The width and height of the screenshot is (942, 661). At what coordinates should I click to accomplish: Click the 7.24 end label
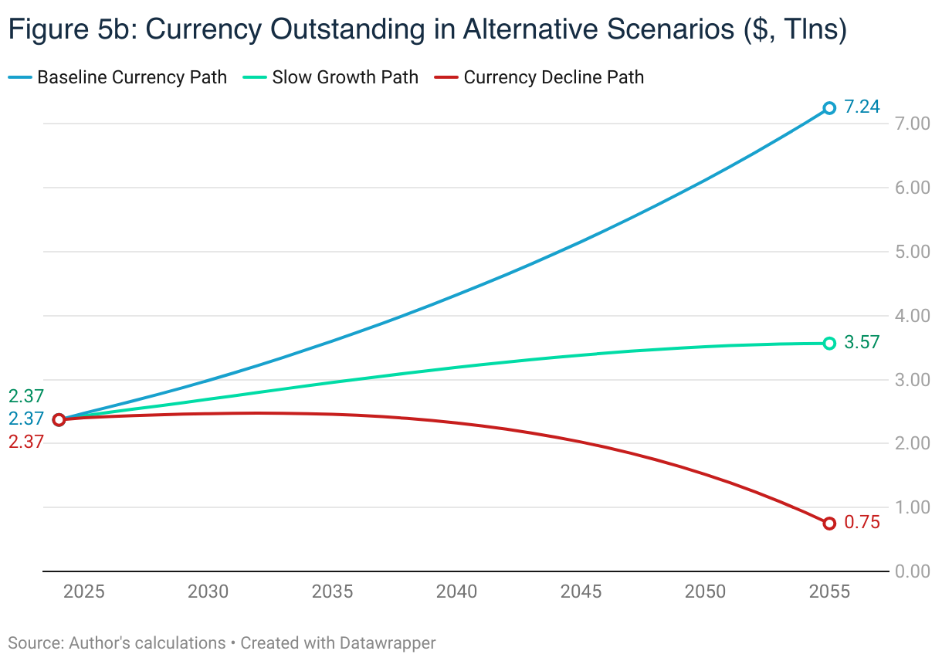pos(862,107)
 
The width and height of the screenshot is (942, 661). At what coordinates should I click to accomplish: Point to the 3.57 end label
pos(862,343)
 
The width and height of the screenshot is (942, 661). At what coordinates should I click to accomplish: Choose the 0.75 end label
pos(862,523)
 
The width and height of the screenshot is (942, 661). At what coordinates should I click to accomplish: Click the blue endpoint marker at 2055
pos(829,108)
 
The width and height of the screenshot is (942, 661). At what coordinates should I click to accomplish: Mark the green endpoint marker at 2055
pos(829,343)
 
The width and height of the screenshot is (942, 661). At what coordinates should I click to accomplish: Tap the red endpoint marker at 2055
pos(829,524)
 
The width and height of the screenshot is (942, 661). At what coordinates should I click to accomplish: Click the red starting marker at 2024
pos(59,419)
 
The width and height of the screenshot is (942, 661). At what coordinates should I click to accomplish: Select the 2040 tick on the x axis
pos(457,592)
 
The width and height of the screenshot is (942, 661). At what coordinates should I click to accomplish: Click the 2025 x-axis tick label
pos(83,592)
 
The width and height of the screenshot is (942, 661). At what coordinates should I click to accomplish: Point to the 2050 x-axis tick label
pos(705,592)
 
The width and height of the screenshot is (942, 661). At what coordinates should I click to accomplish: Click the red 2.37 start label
pos(26,442)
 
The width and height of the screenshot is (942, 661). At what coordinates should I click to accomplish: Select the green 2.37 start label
pos(26,396)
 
